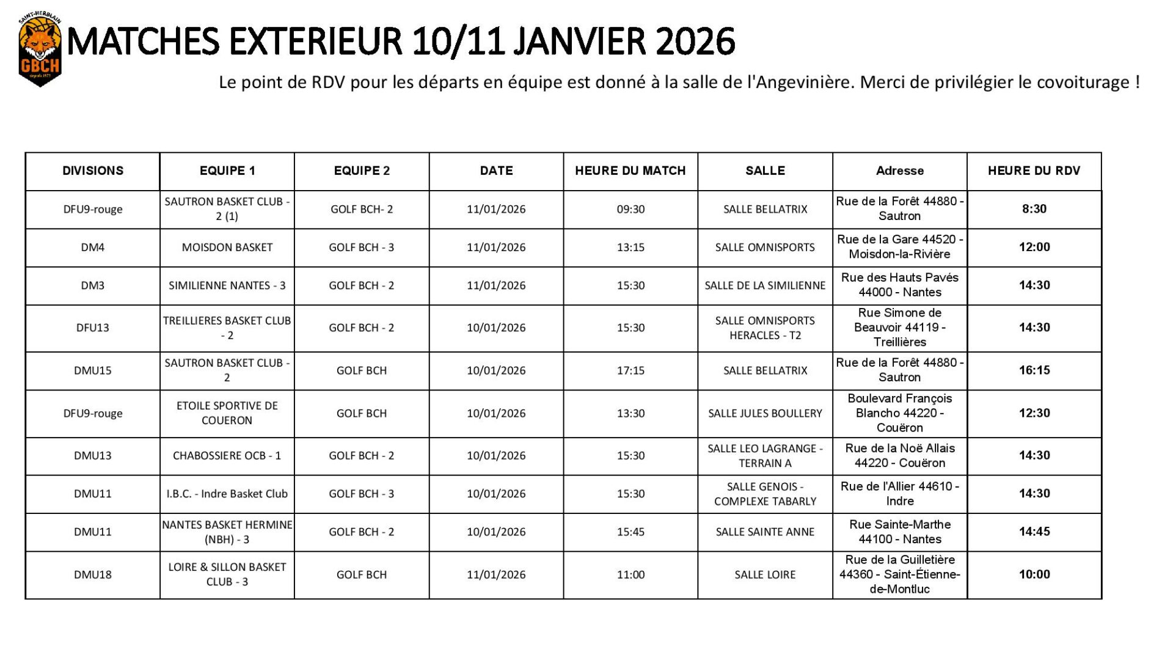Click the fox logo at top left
coord(40,51)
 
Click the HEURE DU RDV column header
coord(1034,171)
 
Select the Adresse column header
coord(899,171)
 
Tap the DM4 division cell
coord(93,248)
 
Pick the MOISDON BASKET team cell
coord(227,248)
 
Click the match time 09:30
coord(630,210)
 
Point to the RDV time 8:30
coord(1034,209)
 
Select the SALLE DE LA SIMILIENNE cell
coord(765,285)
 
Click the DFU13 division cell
coord(93,328)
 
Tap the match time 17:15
coord(630,370)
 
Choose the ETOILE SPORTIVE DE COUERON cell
coord(227,413)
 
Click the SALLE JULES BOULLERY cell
coord(765,414)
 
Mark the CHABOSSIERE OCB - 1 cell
coord(227,456)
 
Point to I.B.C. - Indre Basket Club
coord(227,494)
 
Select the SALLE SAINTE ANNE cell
coord(765,532)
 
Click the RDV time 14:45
coord(1034,532)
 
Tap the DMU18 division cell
coord(93,574)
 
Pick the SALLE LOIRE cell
coord(765,574)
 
